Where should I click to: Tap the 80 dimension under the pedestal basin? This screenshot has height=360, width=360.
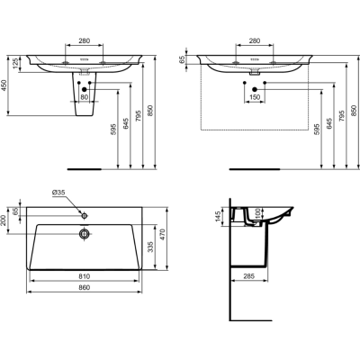(85, 97)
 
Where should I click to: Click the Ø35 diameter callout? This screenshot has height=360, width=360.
(60, 192)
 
